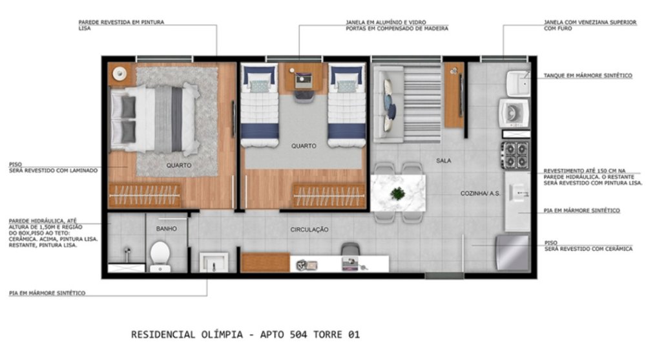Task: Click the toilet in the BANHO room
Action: click(160, 257)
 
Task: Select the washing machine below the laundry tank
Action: click(514, 112)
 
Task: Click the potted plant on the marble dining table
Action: click(397, 193)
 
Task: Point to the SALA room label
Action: click(443, 160)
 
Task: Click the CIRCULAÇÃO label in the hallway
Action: click(309, 229)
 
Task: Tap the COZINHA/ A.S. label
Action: click(481, 193)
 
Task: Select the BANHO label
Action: click(167, 228)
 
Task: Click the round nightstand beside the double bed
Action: click(120, 74)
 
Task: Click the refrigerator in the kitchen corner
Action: click(512, 252)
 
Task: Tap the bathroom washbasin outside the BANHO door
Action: click(213, 262)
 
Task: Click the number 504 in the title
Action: click(298, 334)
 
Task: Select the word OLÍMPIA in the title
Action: click(222, 334)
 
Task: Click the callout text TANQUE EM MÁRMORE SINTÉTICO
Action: click(588, 76)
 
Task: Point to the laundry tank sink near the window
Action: click(518, 83)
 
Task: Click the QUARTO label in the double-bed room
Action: click(179, 165)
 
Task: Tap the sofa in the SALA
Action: click(388, 104)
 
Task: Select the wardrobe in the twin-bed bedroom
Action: click(329, 195)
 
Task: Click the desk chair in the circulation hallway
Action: click(350, 249)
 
